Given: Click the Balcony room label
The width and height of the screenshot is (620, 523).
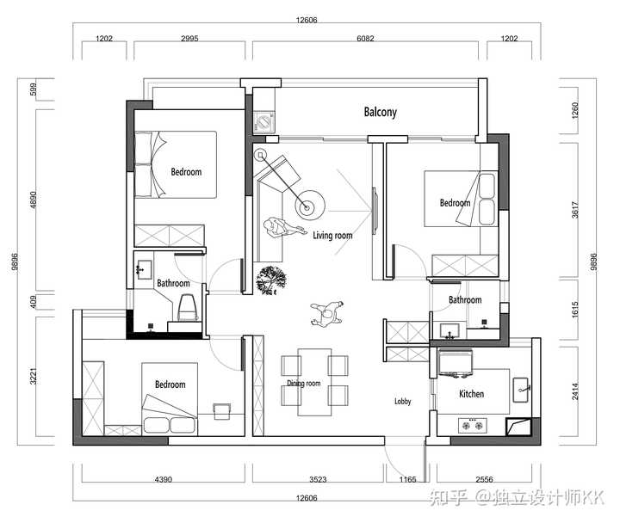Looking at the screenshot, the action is click(x=380, y=112).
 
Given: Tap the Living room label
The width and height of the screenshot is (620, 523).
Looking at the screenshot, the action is click(x=332, y=236).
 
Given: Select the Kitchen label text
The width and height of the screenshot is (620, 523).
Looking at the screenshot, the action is click(x=471, y=394).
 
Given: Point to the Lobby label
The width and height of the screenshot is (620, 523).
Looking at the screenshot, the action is click(x=402, y=402).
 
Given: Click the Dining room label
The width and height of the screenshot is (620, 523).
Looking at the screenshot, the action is click(x=304, y=383).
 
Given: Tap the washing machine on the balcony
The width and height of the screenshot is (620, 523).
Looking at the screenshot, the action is click(x=263, y=121).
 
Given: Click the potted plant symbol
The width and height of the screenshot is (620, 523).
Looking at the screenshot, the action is click(x=271, y=280).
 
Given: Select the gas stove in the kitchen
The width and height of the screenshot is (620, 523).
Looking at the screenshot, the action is click(x=473, y=426).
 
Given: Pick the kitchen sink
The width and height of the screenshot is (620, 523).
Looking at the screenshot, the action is click(x=521, y=390).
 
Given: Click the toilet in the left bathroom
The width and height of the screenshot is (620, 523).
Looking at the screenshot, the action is click(x=187, y=307).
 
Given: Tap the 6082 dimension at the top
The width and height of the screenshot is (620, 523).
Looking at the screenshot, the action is click(x=365, y=39).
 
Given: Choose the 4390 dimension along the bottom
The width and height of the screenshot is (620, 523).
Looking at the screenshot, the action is click(x=164, y=479).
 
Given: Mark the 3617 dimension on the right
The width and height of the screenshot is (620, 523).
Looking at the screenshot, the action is click(x=575, y=210).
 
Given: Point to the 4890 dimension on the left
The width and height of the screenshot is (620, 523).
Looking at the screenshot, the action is click(x=34, y=200).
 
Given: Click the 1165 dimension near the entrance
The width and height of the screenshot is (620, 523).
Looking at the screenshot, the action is click(x=407, y=479).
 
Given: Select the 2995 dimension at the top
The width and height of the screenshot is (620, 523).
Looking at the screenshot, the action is click(x=189, y=39).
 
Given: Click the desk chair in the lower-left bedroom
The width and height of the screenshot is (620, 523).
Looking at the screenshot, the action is click(x=221, y=411).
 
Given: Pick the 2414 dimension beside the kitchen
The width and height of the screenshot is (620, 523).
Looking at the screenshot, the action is click(x=575, y=391).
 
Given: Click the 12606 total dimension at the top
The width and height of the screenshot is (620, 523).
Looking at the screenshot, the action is click(x=307, y=20).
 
